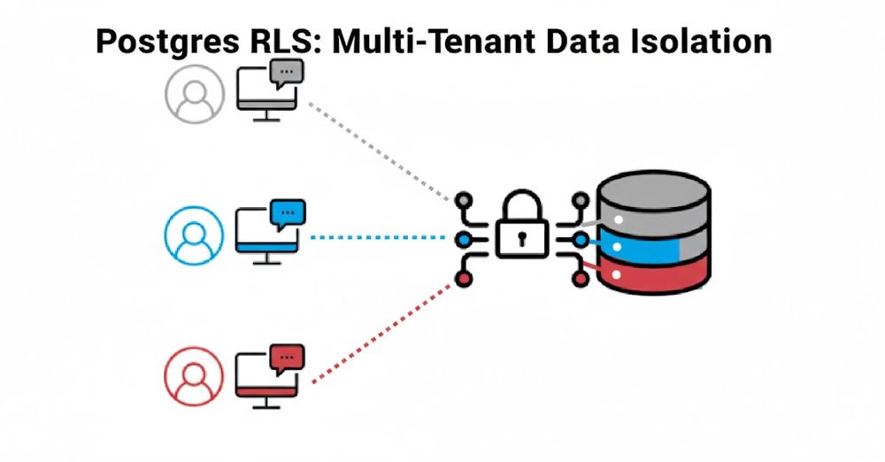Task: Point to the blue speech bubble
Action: click(287, 213)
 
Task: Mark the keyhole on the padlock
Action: click(522, 237)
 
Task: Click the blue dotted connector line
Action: click(381, 237)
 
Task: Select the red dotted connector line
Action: click(381, 332)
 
